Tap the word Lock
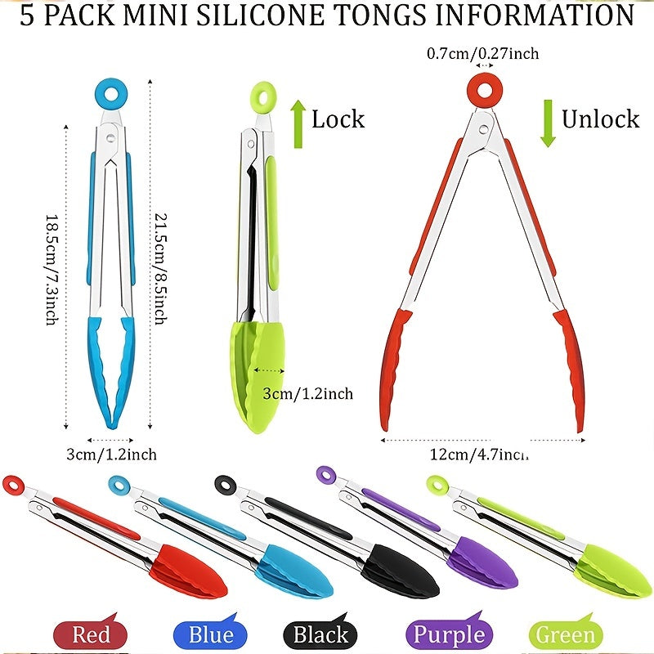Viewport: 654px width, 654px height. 338,119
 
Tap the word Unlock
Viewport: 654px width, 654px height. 599,119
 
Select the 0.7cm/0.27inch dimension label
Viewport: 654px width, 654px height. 483,54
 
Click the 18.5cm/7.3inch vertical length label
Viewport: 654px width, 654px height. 50,270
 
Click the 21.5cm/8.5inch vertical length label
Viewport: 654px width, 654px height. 162,270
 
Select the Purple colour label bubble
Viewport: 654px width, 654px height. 449,634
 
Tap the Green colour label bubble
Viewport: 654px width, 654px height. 566,634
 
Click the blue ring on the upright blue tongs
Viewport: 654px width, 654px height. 108,96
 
